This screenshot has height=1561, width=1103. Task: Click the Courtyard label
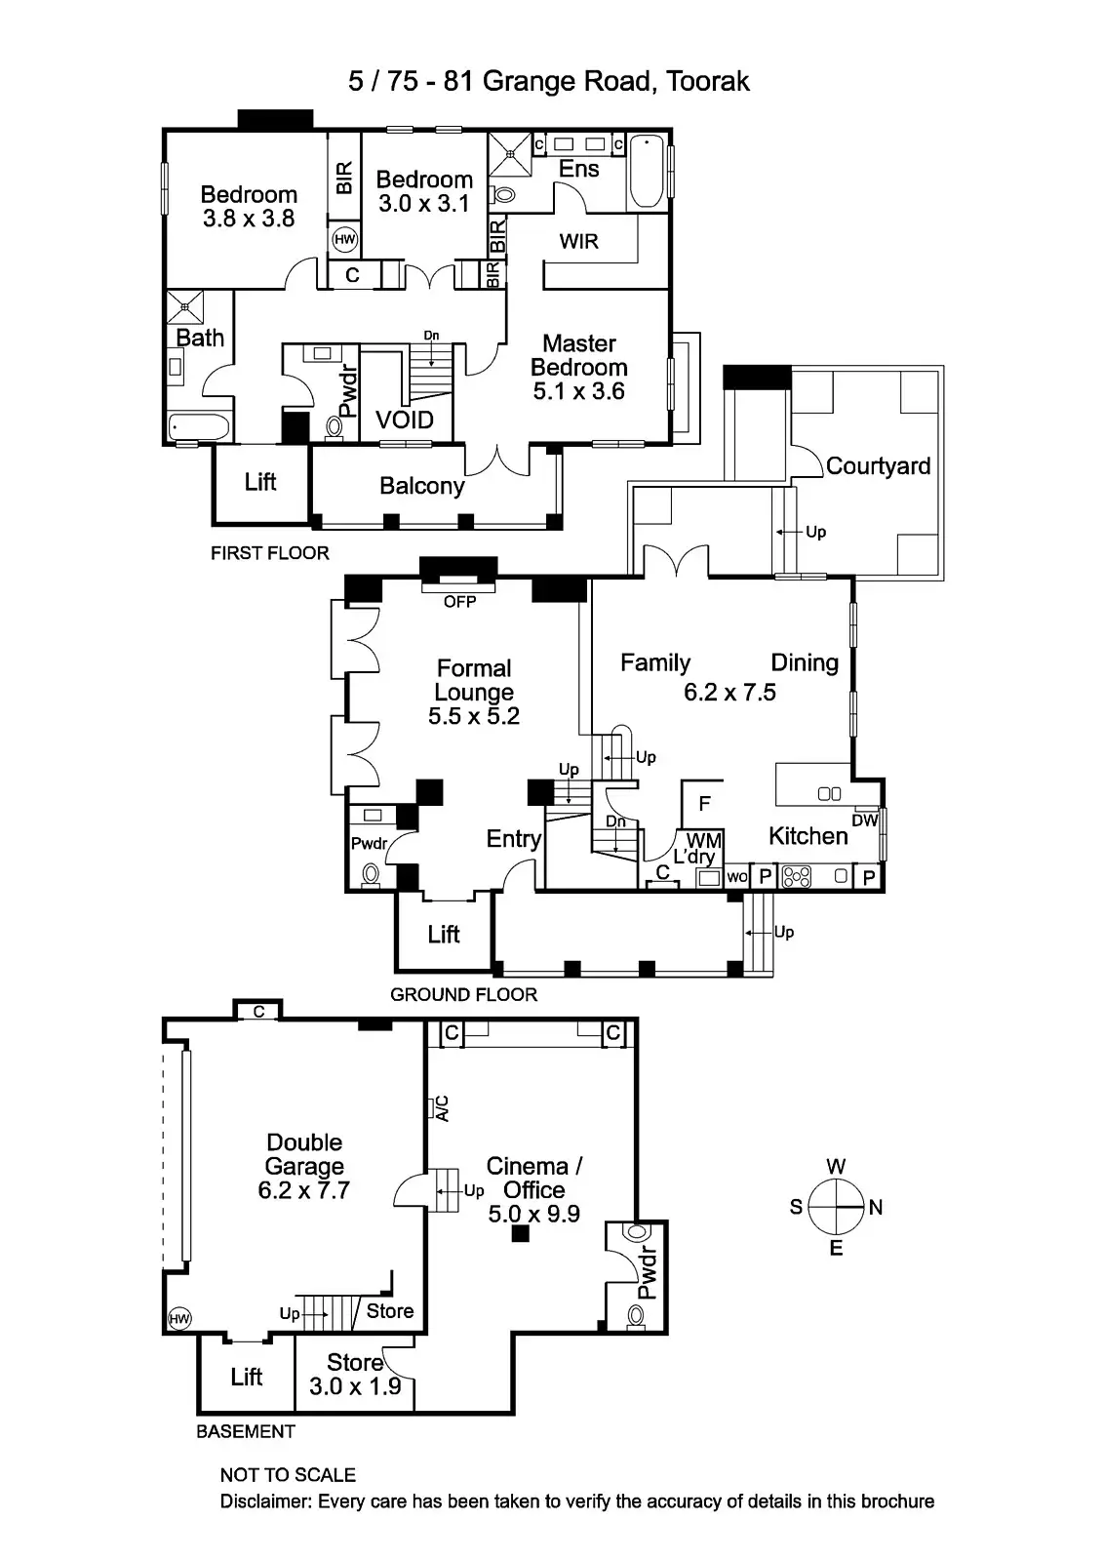click(878, 466)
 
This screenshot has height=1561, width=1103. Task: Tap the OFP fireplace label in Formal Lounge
click(459, 602)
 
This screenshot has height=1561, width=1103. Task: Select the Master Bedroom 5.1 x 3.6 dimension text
click(578, 391)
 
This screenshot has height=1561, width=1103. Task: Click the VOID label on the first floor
click(405, 420)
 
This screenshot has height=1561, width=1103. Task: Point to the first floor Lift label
click(260, 482)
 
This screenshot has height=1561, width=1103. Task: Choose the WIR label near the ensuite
click(578, 241)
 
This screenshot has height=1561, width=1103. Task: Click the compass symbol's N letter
click(875, 1208)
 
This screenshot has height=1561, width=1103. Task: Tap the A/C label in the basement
click(442, 1108)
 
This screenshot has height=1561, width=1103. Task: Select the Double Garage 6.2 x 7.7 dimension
click(303, 1190)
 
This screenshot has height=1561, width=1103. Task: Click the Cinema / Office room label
click(533, 1178)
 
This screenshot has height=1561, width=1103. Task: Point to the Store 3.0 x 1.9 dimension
click(355, 1386)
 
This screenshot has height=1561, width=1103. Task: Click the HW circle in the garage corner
click(178, 1319)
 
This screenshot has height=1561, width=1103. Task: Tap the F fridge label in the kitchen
click(704, 804)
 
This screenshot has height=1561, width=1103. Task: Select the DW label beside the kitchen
click(864, 821)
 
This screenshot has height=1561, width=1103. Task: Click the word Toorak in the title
click(708, 81)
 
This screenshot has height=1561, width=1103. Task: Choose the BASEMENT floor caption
click(245, 1431)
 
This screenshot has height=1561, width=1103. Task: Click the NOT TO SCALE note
click(288, 1475)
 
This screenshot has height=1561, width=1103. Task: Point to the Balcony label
click(421, 486)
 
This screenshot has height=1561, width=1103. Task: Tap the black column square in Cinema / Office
click(521, 1233)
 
